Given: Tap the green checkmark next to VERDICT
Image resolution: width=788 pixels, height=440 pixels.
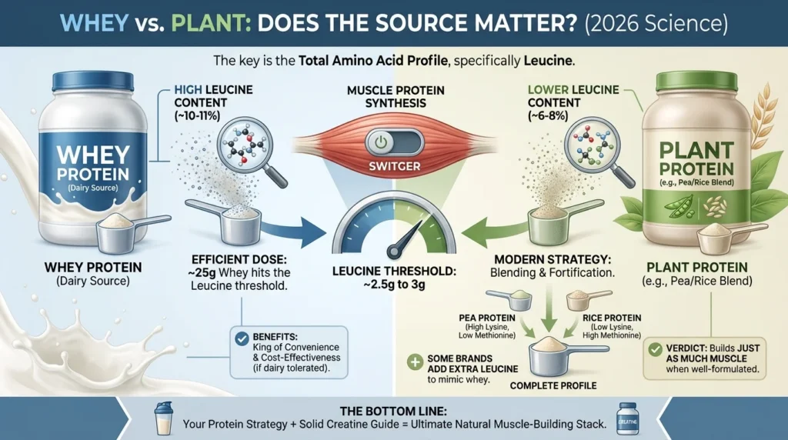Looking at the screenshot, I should [654, 349].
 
